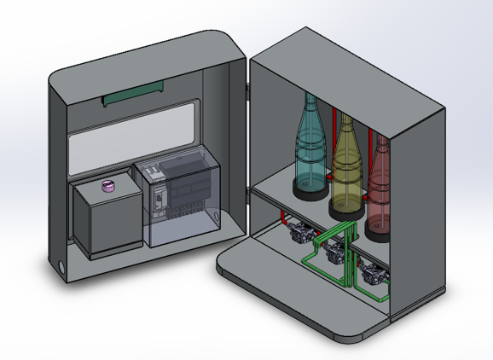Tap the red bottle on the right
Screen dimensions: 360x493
click(380, 183)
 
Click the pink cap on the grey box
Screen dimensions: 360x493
click(109, 186)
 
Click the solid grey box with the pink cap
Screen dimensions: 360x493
click(105, 219)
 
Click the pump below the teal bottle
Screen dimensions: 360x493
click(299, 233)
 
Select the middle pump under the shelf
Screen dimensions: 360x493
click(334, 252)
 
